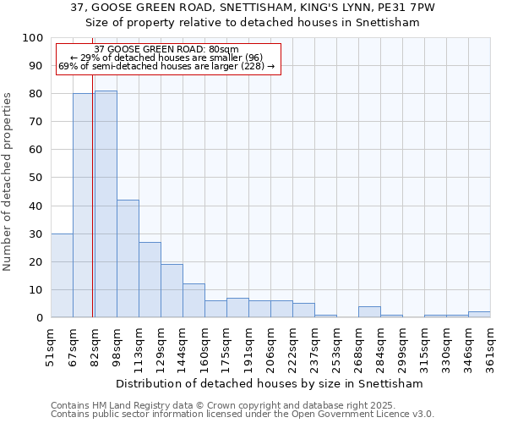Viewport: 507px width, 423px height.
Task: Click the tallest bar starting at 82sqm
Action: pyautogui.click(x=106, y=204)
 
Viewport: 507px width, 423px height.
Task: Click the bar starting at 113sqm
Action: pyautogui.click(x=150, y=279)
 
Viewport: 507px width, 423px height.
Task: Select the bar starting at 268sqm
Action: pyautogui.click(x=369, y=311)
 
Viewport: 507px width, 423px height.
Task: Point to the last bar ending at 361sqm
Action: pyautogui.click(x=479, y=314)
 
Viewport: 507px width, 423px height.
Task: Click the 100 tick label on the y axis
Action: pyautogui.click(x=33, y=38)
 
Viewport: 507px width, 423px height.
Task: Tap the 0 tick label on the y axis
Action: pyautogui.click(x=40, y=317)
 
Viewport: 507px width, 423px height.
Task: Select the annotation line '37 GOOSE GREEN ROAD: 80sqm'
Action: pyautogui.click(x=166, y=50)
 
